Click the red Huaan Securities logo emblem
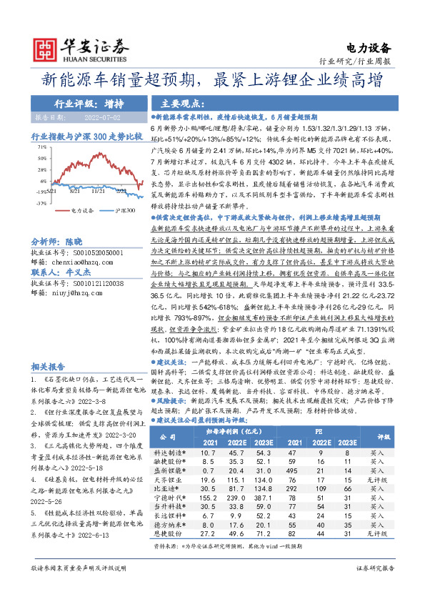(x=47, y=49)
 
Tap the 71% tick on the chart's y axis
(x=43, y=146)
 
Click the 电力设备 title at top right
(x=370, y=49)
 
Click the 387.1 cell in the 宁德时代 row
(x=264, y=495)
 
